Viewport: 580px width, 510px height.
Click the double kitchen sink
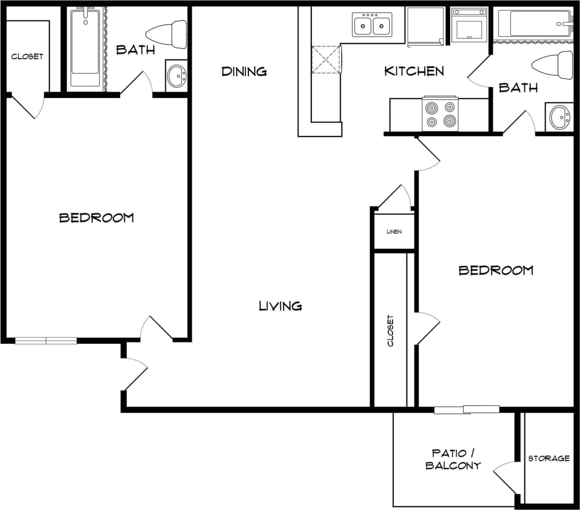pos(372,25)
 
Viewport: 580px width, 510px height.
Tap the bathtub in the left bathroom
pos(85,47)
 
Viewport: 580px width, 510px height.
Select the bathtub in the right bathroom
pos(534,24)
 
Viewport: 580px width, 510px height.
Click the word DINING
pos(244,71)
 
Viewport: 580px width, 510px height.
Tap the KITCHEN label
pos(414,71)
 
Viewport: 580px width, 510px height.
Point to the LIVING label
pos(281,306)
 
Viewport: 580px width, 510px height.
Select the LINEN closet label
pos(394,231)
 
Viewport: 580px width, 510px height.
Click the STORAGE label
pos(549,458)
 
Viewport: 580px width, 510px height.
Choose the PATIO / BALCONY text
pos(453,459)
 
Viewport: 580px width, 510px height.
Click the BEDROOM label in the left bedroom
pos(97,218)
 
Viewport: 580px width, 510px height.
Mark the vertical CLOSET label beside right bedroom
pos(390,331)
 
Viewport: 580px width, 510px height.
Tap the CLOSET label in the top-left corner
pos(27,56)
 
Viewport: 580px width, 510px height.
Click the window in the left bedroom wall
pos(46,340)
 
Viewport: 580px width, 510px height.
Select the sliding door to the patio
pos(466,410)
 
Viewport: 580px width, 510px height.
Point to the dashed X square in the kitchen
pos(326,59)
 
